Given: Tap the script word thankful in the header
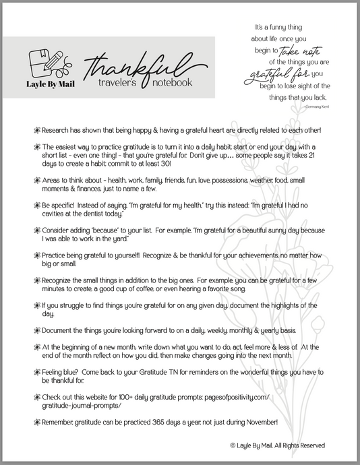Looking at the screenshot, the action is (128, 67).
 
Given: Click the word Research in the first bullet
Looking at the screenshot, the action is (56, 129).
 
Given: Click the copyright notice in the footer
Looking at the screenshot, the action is (278, 445).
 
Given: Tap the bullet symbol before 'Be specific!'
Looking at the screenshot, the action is (36, 203).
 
